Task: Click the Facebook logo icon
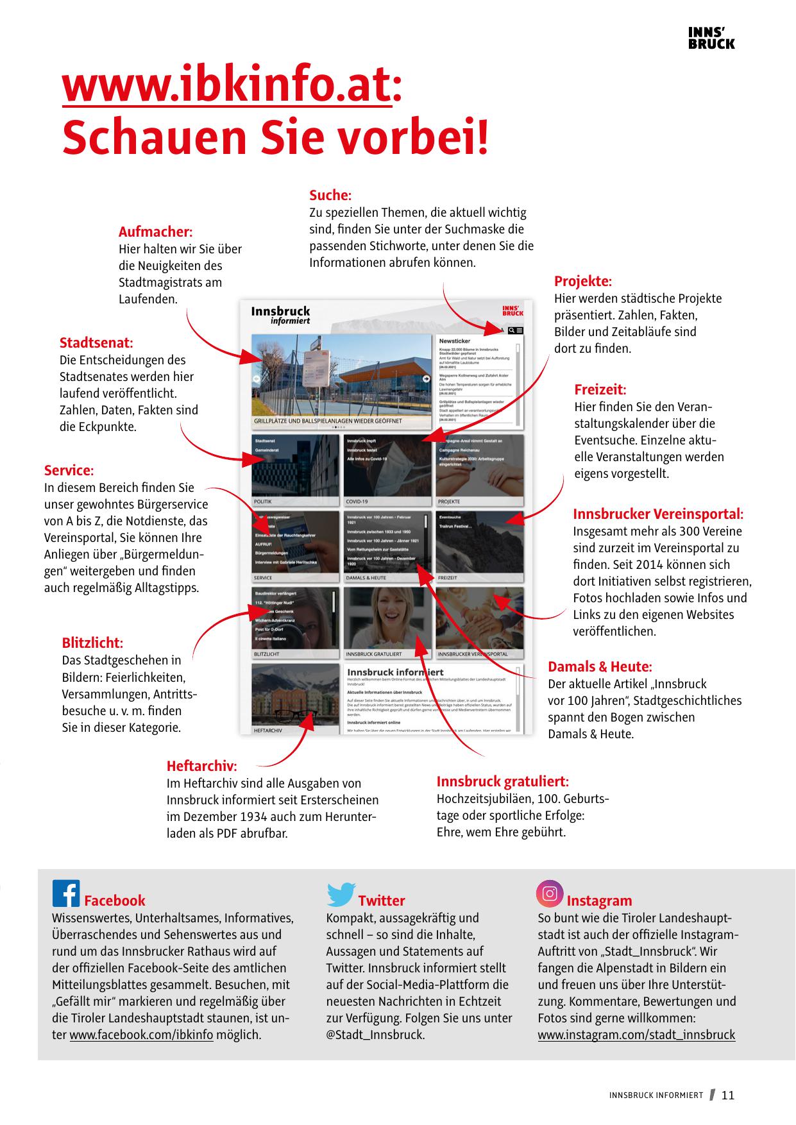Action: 66,893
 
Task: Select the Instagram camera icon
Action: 550,893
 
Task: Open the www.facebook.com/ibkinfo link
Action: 141,1035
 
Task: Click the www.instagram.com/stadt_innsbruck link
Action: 636,1035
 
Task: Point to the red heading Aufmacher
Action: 155,232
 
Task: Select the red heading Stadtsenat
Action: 96,343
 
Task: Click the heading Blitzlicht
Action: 92,643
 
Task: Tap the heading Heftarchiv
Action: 201,766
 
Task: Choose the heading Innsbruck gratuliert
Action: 502,781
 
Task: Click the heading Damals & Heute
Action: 600,667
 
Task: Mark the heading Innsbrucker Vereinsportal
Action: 658,514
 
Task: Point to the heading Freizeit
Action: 600,390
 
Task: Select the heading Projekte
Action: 583,282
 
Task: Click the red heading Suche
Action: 330,196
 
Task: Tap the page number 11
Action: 728,1095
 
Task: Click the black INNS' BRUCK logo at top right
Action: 711,38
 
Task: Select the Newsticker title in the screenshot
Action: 455,341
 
